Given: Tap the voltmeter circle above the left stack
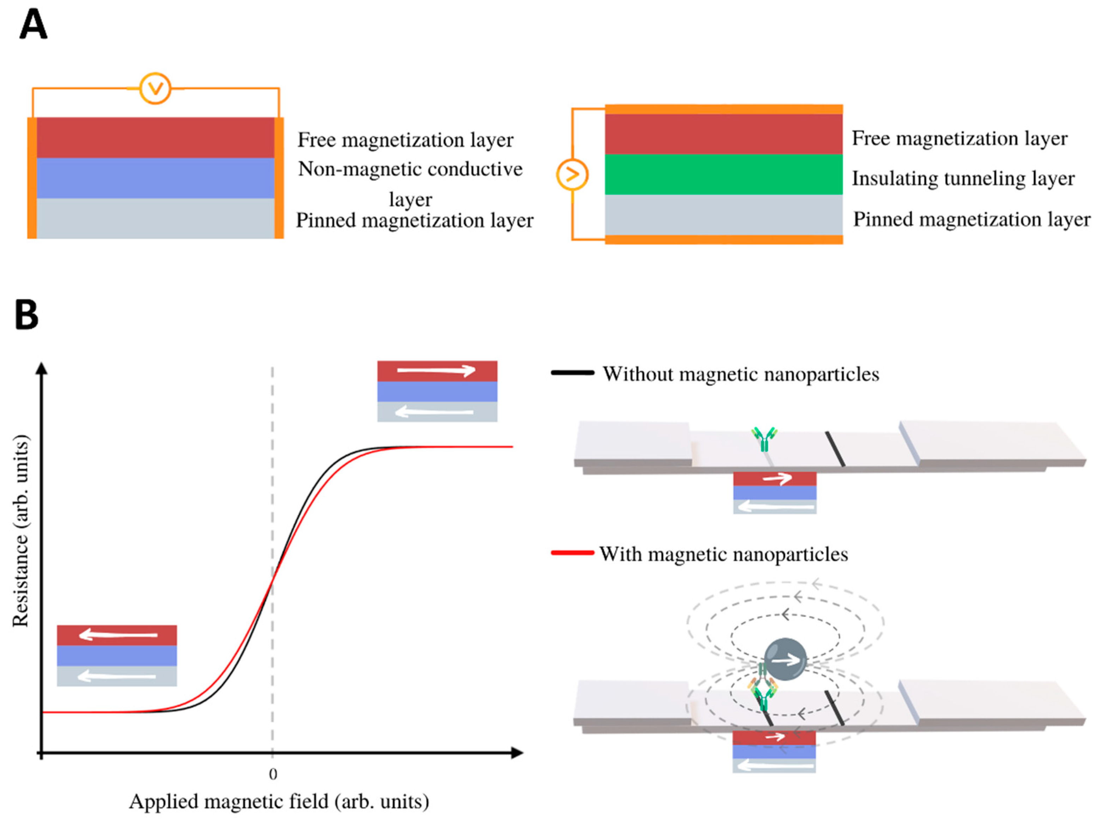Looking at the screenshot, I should point(155,89).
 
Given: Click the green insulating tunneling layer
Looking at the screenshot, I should point(723,174).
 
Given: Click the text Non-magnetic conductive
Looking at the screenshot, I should point(410,169).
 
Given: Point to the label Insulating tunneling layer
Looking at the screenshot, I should point(963,178).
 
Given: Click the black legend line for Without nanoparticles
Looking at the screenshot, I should point(572,372).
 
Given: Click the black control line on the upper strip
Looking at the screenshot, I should point(835,449).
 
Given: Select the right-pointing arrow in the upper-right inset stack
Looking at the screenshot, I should point(436,370).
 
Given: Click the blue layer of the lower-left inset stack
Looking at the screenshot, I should point(117,655).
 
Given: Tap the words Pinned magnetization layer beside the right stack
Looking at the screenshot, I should point(972,220).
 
